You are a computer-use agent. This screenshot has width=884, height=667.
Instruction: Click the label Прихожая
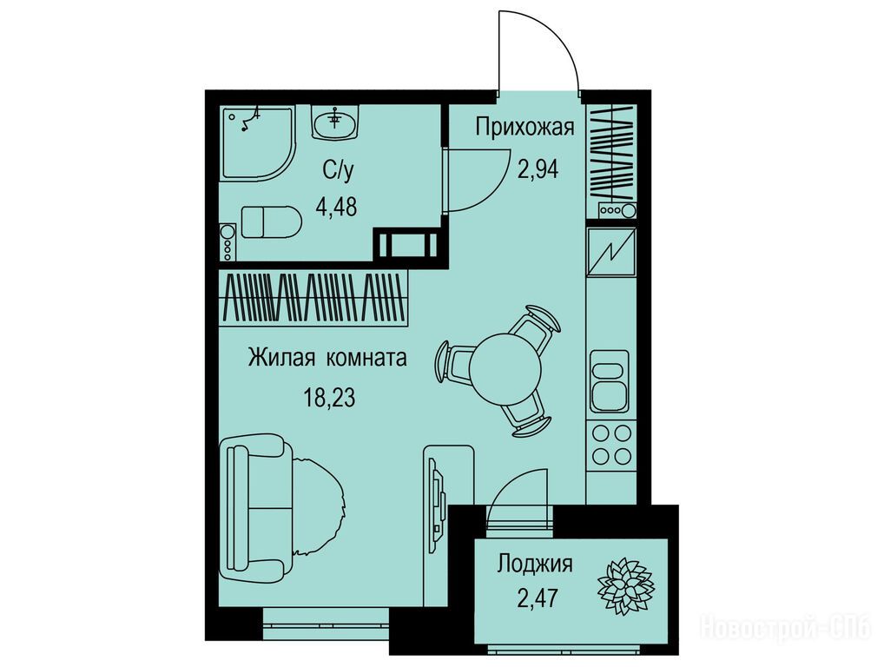[524, 128]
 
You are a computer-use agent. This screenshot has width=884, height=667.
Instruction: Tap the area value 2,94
[538, 168]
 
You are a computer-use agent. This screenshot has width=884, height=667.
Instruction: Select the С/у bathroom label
[339, 169]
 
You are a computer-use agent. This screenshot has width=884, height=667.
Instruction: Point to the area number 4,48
[336, 207]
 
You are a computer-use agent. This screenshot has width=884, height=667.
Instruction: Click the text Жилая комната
[327, 358]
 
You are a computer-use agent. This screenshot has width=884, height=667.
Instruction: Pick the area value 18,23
[330, 398]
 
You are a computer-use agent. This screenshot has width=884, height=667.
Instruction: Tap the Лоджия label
[534, 564]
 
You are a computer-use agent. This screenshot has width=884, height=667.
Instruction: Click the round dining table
[505, 369]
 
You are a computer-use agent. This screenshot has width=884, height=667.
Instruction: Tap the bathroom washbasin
[335, 122]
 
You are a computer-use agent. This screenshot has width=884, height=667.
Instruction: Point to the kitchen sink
[609, 381]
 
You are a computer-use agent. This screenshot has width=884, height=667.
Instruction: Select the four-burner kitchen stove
[611, 445]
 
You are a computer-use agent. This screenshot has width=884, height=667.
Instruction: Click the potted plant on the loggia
[625, 586]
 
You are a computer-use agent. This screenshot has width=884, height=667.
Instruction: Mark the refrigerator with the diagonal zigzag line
[611, 252]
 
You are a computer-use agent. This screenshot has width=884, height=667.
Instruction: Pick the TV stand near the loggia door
[447, 525]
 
